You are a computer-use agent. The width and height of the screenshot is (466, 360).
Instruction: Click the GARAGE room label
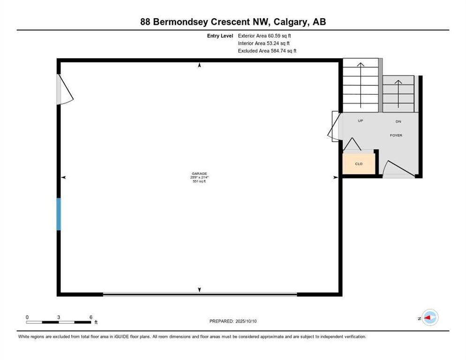point(199,173)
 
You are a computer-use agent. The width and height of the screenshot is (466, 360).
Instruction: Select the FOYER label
point(396,135)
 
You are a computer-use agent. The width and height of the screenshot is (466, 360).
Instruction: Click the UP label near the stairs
point(361,121)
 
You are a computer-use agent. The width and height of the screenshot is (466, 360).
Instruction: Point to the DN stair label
point(398,121)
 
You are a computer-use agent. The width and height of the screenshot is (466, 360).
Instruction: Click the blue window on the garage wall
point(59,214)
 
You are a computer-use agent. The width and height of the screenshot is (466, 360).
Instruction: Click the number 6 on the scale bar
point(90,317)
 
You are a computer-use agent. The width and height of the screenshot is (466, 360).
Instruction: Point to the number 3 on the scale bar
point(59,317)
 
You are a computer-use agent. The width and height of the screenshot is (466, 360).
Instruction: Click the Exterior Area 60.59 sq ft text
point(267,36)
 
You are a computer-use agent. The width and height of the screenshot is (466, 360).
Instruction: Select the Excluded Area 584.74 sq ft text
point(267,51)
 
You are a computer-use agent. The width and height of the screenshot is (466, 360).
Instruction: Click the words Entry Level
point(220,36)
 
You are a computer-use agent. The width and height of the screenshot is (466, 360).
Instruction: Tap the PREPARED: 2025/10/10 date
point(233,321)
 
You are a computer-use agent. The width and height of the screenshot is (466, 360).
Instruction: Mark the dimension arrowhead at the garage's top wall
point(200,66)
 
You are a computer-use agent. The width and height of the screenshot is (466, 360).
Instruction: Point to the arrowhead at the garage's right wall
point(335,177)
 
